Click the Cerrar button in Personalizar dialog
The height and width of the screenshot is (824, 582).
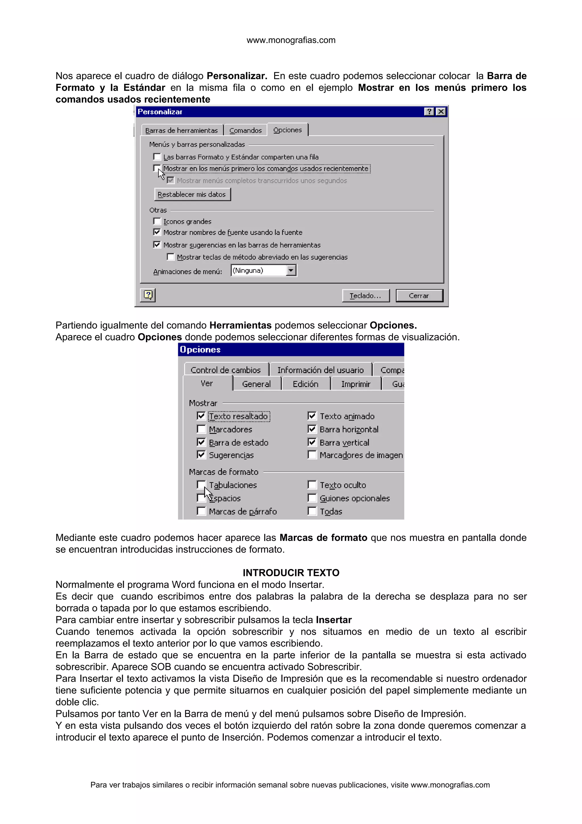coord(419,296)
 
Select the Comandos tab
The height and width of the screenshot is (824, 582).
coord(245,130)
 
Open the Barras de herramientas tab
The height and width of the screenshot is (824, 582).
coord(182,130)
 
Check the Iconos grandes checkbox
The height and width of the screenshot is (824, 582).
coord(157,221)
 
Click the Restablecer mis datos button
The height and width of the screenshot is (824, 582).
coord(192,194)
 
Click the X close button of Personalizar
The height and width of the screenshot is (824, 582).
coord(441,112)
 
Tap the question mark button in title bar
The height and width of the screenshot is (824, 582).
coord(429,112)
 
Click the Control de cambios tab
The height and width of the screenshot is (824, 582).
coord(226,370)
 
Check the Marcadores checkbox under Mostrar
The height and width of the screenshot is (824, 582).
coord(201,429)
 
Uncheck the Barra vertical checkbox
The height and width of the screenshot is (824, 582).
coord(312,442)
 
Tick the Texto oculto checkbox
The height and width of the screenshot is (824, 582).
coord(312,485)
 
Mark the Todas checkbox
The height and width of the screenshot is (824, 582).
coord(312,511)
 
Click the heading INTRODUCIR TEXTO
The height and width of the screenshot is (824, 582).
coord(291,572)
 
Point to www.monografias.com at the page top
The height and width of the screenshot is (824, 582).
coord(291,40)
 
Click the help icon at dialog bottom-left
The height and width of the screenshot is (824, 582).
coord(148,295)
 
